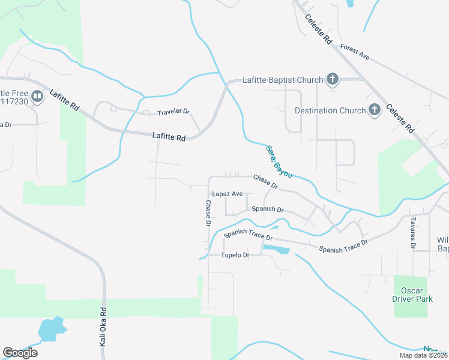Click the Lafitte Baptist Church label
coord(283,79)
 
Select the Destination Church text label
coord(330,110)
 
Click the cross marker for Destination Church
coord(375,110)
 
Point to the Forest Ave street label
coord(354,52)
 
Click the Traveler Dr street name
coord(173,112)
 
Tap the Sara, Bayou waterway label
coord(279,161)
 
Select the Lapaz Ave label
coord(228,194)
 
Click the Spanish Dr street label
coord(267,209)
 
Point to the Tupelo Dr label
coord(235,255)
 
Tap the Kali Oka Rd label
coord(103,326)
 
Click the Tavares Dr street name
coord(413,233)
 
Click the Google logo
coord(20,352)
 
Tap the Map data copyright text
coord(424,355)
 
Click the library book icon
coord(37,97)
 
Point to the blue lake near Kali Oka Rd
coord(50,328)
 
